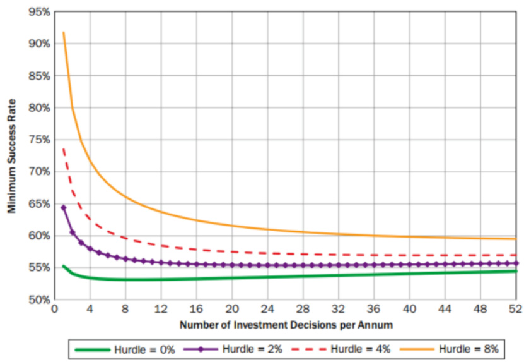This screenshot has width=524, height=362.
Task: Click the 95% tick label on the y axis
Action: tap(38, 11)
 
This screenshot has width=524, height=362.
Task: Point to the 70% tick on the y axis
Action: tap(38, 172)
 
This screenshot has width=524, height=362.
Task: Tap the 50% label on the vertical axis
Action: tap(38, 300)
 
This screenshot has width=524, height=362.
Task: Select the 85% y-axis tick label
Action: tap(38, 76)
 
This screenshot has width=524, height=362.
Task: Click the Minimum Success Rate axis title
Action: tap(12, 155)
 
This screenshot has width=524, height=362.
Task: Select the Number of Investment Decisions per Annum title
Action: tap(284, 325)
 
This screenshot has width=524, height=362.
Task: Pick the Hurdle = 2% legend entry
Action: tap(228, 347)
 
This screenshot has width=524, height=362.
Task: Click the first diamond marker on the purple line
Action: tap(63, 207)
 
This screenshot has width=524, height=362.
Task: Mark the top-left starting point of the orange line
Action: tap(63, 32)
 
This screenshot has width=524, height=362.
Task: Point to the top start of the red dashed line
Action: tap(63, 149)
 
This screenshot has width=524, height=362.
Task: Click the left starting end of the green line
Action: tap(63, 267)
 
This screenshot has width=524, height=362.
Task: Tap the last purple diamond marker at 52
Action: tap(516, 263)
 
